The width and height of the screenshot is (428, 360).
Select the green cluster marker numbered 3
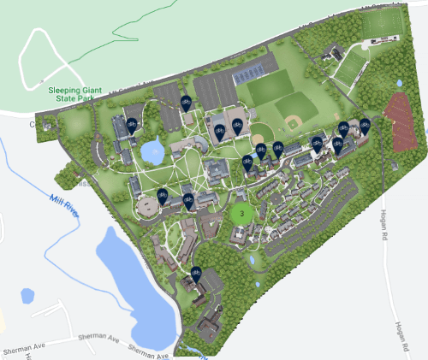point(242,213)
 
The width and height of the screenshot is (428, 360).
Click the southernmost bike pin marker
point(196,274)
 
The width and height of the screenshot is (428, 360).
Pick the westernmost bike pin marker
point(132,126)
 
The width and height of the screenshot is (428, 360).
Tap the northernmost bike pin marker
point(185,103)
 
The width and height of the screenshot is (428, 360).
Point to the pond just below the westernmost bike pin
point(153,152)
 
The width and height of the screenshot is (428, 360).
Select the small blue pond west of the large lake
point(27,296)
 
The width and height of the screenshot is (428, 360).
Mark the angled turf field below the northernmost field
point(351,68)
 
